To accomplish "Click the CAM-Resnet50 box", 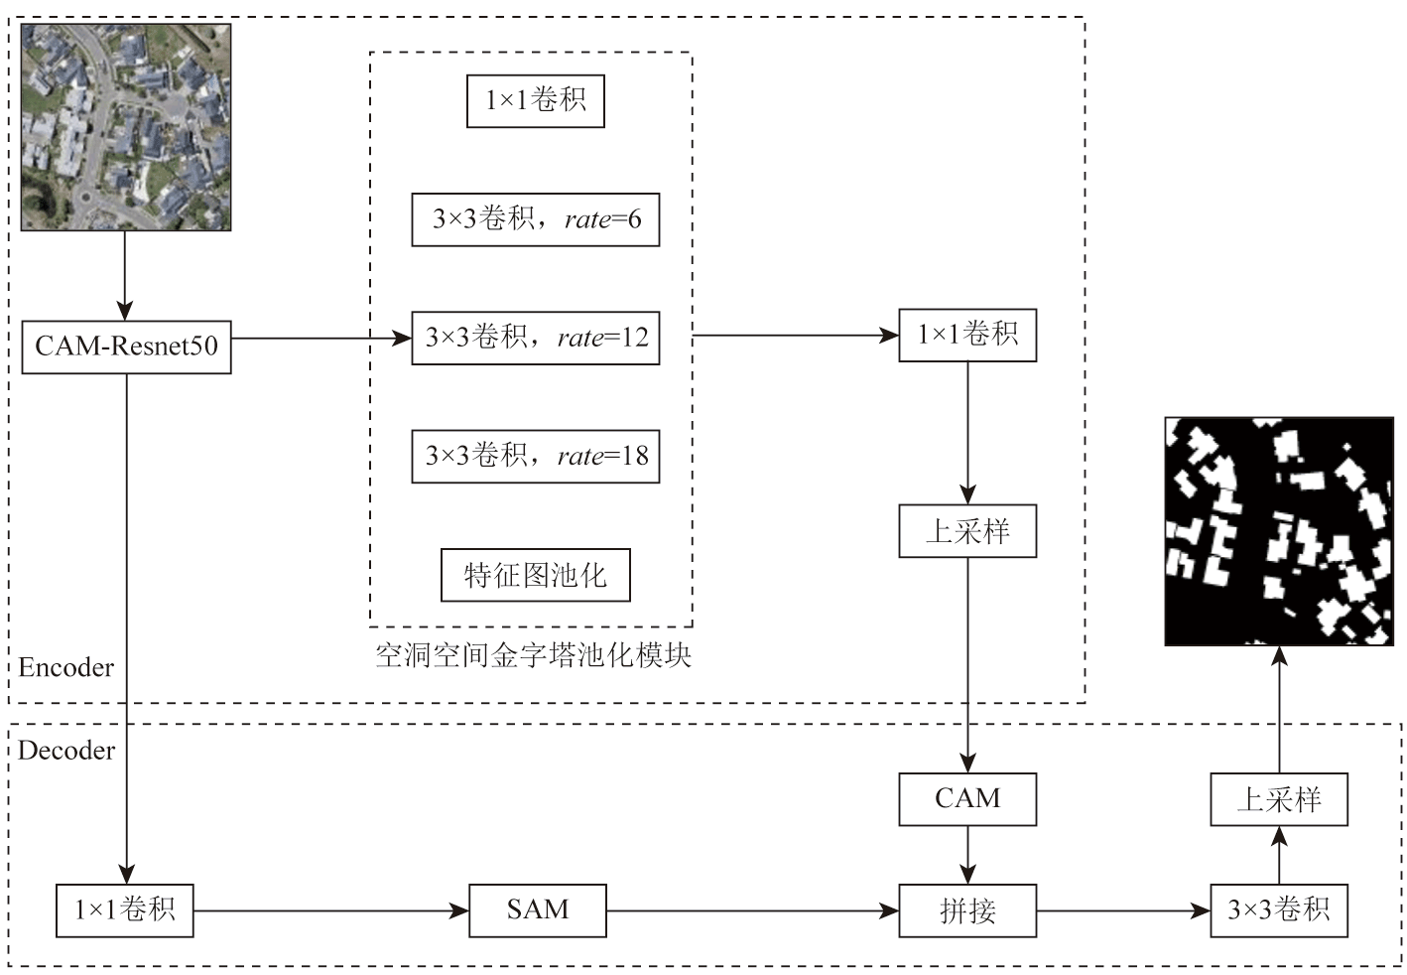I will [x=126, y=347].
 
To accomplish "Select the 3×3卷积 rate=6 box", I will [x=536, y=219].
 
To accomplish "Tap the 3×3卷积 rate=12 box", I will [x=536, y=338].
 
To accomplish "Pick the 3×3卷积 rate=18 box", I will [x=536, y=456].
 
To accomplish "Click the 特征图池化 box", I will [x=536, y=575].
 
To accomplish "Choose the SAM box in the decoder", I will [x=537, y=910].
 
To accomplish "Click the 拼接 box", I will [x=967, y=910].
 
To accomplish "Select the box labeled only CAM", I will [x=967, y=799].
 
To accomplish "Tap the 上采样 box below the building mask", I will [x=1279, y=799].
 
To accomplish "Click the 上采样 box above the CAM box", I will [x=967, y=531].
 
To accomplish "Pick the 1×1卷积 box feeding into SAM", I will [x=125, y=910].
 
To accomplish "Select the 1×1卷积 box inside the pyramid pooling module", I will [x=536, y=100].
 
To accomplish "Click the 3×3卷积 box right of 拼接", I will [x=1279, y=910].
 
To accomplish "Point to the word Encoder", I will [x=66, y=667].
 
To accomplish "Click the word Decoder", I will [x=66, y=751].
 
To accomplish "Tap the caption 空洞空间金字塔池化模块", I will [x=533, y=655].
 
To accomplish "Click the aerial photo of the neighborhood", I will [x=126, y=127].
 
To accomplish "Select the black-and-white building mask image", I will [x=1279, y=531].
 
